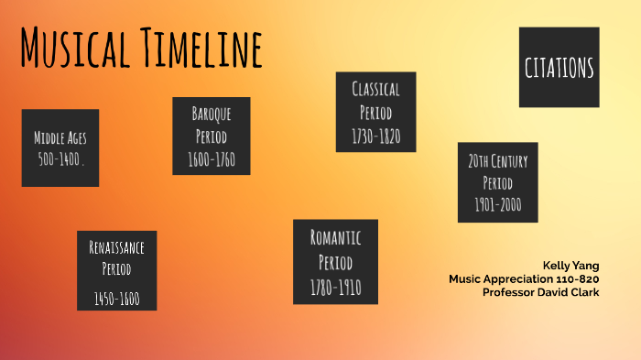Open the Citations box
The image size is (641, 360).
coord(559,67)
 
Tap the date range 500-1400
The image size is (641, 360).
coord(60,158)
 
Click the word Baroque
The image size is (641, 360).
coord(211,114)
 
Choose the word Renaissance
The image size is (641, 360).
coord(116,247)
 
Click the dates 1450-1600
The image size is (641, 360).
coord(116,298)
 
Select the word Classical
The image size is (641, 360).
coord(375,89)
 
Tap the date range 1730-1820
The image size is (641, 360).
coord(375,136)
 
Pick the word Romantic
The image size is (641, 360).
coord(335,238)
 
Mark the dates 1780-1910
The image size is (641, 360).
coord(335,289)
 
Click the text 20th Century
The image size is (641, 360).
coord(497,161)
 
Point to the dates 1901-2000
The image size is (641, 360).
coord(497,204)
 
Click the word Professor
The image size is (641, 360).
coord(509,292)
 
